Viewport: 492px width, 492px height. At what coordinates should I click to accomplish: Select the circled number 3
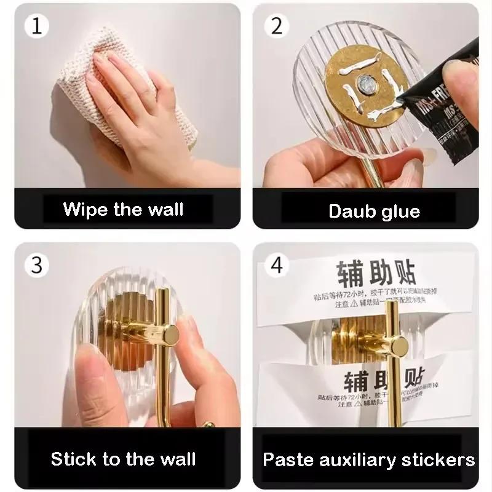37,266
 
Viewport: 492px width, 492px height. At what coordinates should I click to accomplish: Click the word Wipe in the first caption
85,209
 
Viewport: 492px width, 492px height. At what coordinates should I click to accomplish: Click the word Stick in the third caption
74,458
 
